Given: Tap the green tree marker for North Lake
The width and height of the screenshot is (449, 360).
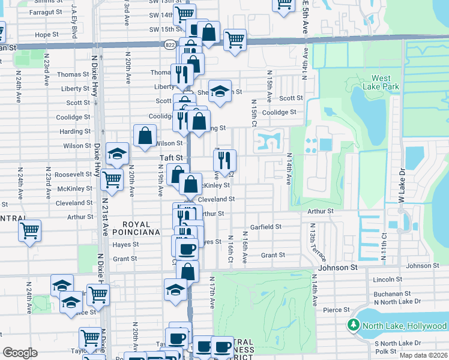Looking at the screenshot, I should pyautogui.click(x=354, y=325).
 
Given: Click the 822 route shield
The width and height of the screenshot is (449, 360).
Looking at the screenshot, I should pyautogui.click(x=170, y=45).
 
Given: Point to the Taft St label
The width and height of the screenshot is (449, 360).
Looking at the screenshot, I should pyautogui.click(x=170, y=157).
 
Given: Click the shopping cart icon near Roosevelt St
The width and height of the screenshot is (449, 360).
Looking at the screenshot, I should pyautogui.click(x=112, y=178).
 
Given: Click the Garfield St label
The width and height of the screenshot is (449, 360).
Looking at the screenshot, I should pyautogui.click(x=266, y=227).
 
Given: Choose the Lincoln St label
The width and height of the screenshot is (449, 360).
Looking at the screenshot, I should pyautogui.click(x=387, y=280).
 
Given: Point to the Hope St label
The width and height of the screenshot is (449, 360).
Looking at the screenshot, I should pyautogui.click(x=46, y=35).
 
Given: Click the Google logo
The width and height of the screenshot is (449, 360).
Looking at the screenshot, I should pyautogui.click(x=20, y=353).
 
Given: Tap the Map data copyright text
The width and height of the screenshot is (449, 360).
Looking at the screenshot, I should pyautogui.click(x=423, y=355).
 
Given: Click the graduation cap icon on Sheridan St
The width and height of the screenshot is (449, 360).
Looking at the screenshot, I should pyautogui.click(x=220, y=91).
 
